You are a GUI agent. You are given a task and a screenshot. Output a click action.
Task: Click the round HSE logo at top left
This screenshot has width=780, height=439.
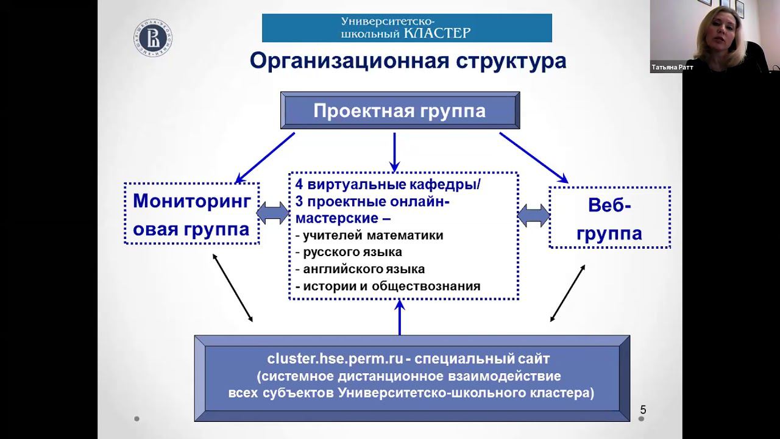[152, 38]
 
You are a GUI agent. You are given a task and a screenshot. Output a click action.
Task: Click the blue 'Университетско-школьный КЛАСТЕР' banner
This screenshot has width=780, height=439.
[406, 28]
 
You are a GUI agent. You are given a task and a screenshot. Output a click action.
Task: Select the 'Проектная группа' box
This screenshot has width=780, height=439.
[400, 110]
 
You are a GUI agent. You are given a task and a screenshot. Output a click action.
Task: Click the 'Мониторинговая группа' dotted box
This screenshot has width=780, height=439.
[191, 214]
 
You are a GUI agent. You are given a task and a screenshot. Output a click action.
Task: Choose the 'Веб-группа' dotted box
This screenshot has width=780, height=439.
[609, 218]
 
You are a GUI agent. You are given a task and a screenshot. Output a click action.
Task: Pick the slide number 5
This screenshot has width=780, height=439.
[643, 410]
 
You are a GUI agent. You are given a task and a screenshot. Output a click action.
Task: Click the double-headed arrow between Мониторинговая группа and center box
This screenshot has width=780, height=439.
[273, 213]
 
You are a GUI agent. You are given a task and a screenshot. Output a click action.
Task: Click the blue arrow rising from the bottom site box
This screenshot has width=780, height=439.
[400, 317]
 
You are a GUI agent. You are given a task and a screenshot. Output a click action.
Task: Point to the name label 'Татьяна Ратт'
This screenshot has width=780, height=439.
[672, 68]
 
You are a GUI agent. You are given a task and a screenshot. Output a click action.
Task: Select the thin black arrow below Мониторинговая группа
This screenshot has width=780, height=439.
[232, 287]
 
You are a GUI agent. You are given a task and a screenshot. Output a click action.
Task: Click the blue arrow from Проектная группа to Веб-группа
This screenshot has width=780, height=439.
[534, 158]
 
